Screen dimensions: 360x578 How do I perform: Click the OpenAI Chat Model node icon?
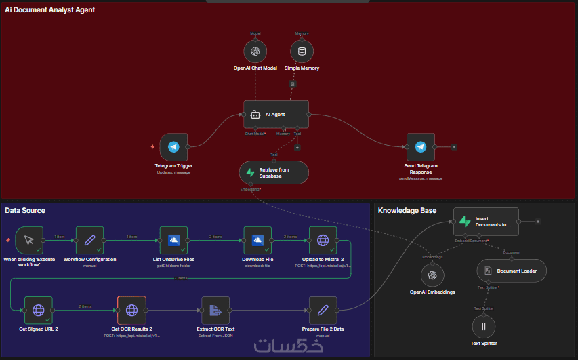255,51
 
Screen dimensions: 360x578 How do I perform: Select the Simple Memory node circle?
302,51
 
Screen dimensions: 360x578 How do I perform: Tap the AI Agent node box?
276,114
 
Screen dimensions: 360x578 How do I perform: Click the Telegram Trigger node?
173,146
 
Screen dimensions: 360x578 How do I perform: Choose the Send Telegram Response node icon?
420,146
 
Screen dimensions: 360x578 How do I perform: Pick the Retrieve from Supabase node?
274,172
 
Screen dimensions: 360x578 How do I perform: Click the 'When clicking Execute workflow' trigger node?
28,240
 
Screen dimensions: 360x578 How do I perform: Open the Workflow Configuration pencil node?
89,240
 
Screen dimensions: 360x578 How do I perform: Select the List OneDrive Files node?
173,240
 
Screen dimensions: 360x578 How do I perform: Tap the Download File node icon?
257,240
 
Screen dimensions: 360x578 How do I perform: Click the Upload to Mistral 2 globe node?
323,240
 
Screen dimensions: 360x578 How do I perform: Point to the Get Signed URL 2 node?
39,310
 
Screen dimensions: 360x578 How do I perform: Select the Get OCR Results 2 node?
131,310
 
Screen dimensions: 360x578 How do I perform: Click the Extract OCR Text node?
215,310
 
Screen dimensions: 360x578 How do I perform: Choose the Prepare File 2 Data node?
323,310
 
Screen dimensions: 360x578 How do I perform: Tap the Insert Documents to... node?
485,221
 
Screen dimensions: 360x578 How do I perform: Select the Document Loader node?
511,271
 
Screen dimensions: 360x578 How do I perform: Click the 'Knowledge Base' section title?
407,211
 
